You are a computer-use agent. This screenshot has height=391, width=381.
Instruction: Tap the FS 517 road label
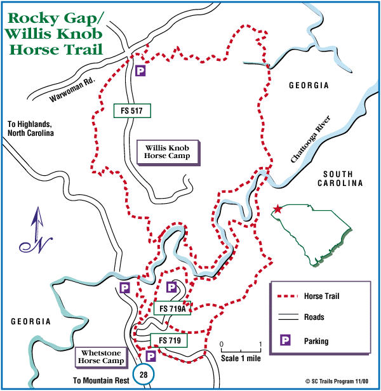point(131,110)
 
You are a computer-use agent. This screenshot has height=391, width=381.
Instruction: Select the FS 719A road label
point(173,308)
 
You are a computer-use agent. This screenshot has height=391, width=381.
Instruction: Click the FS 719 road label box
point(171,340)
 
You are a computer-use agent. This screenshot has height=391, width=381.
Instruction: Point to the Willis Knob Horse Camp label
point(168,150)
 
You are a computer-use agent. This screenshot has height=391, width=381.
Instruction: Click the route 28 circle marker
point(144,375)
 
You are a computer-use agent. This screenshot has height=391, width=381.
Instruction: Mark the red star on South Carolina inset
point(277,209)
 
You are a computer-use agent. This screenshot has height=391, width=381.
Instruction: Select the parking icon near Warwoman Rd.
point(140,72)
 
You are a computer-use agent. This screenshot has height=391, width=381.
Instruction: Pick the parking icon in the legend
point(286,341)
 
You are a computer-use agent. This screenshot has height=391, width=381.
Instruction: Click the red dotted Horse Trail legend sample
point(288,296)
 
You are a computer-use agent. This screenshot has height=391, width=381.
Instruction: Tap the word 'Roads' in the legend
point(314,317)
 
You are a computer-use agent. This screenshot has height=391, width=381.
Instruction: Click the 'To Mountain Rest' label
point(101,380)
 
